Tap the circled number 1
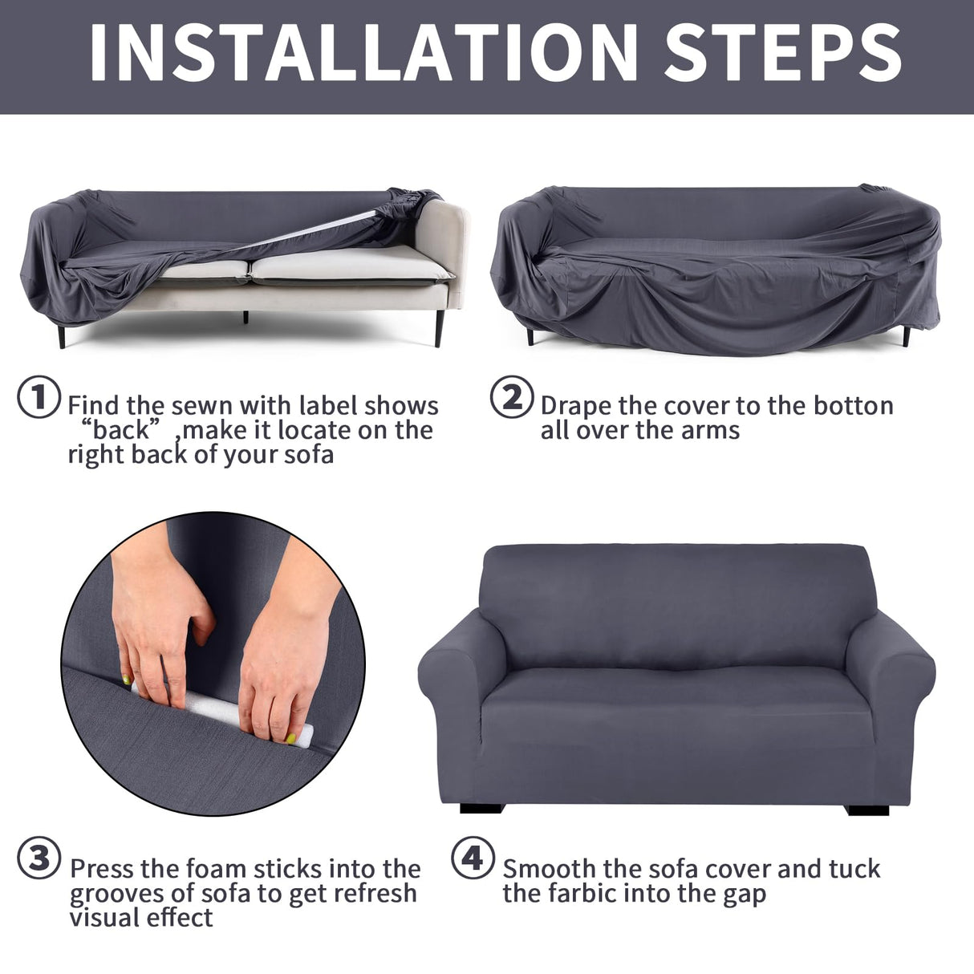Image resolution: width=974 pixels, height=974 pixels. point(39,397)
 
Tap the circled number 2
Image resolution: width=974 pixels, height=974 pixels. point(511,397)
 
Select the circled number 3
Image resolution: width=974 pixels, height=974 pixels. point(39,860)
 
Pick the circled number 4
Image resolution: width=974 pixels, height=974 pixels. point(473,858)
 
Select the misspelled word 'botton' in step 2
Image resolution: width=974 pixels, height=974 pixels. point(853,406)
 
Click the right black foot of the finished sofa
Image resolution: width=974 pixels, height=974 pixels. point(868,809)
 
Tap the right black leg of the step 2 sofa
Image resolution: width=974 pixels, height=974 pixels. point(906,335)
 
